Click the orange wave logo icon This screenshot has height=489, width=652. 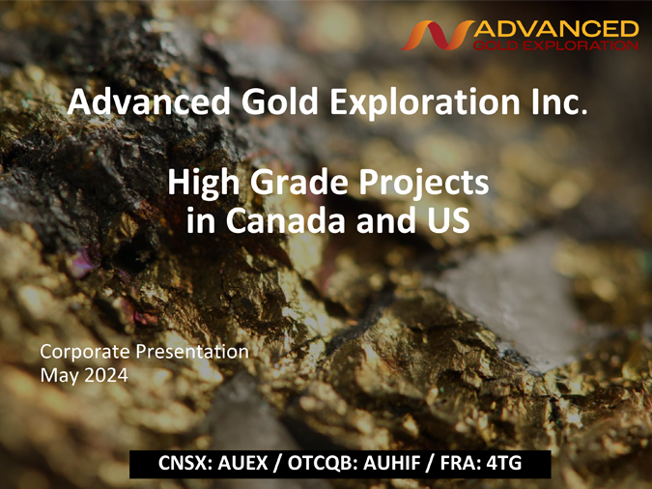coord(437,36)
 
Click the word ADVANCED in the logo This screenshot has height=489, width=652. coord(556,29)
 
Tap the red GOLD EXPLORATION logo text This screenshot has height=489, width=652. coord(556,45)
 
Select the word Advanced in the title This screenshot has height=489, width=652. coord(149,102)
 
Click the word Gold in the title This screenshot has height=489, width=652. coord(280,102)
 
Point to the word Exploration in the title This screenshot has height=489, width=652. coord(425,102)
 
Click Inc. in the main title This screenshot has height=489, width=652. coord(559,102)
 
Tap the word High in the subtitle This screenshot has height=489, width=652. coord(204,183)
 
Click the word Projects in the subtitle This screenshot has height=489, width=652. coord(424,183)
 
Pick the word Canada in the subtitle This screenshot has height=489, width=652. coord(286,220)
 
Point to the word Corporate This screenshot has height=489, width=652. coord(85,352)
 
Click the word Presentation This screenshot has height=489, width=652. coord(192,352)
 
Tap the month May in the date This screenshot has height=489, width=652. coord(60,376)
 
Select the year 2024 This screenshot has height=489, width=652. coord(106,375)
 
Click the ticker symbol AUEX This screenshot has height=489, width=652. coord(242,463)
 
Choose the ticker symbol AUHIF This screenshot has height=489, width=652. coord(392,463)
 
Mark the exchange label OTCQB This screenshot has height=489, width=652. coord(322,463)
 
